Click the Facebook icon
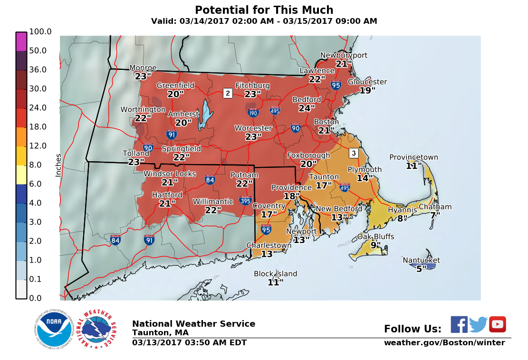click(x=459, y=324)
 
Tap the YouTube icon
click(x=498, y=324)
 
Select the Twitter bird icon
click(x=479, y=324)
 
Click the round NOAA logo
click(x=53, y=329)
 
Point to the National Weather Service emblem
click(x=99, y=329)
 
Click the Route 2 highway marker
click(x=228, y=93)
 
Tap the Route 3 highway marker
click(x=353, y=153)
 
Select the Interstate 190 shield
click(x=253, y=113)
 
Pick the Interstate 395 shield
click(x=246, y=200)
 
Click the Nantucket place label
click(x=421, y=260)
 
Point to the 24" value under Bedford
click(x=307, y=108)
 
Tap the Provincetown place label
click(x=413, y=157)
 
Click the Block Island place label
click(x=275, y=273)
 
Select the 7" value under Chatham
click(x=435, y=215)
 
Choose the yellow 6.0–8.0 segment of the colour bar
click(x=21, y=175)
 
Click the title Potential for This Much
click(x=264, y=10)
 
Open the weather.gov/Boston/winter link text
click(x=444, y=343)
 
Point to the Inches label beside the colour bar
click(x=58, y=165)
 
